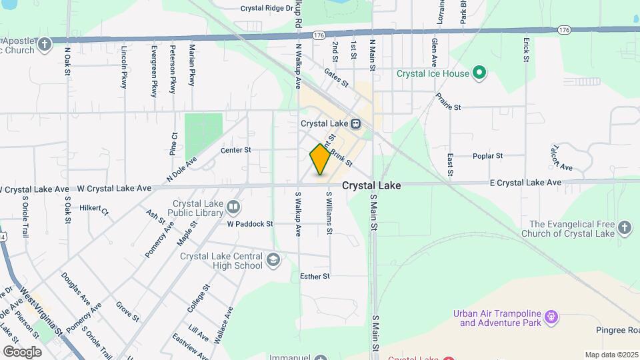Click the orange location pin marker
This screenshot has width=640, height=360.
320,160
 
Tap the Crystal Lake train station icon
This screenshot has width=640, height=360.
356,123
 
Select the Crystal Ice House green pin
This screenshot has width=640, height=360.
478,73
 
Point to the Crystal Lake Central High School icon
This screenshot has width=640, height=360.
272,259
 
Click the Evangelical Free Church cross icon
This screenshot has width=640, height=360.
624,228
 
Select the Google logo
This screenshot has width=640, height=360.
22,352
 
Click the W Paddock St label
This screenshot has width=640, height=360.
250,224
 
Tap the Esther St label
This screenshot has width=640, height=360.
315,276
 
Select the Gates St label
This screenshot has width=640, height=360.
336,77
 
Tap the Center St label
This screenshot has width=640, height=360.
235,150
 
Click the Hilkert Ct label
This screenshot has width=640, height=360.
94,209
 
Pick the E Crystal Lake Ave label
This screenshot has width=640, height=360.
525,183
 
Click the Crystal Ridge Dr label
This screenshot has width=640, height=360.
267,9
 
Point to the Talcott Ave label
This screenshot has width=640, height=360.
561,157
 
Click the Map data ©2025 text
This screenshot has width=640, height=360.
611,355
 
